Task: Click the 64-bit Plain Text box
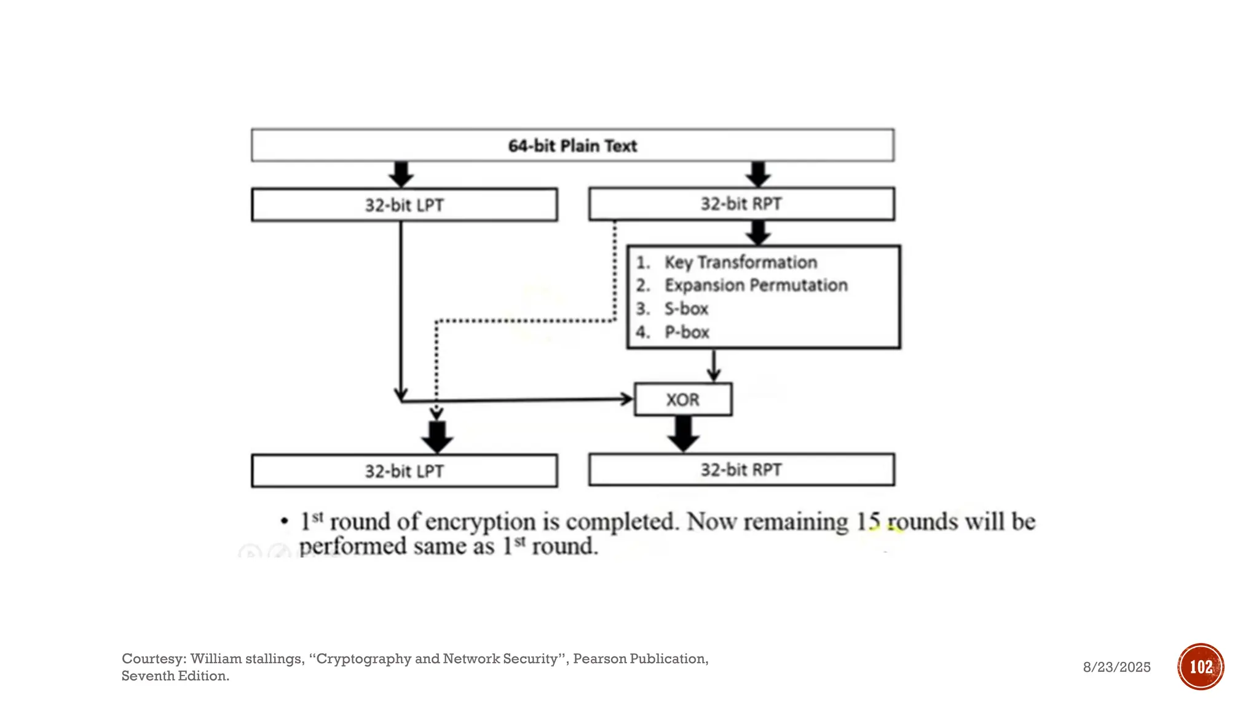pyautogui.click(x=572, y=146)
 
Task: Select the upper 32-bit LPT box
pyautogui.click(x=404, y=205)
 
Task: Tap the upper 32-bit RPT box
pyautogui.click(x=741, y=203)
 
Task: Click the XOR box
pyautogui.click(x=683, y=399)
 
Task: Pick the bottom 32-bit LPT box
pyautogui.click(x=404, y=471)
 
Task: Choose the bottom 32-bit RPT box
pyautogui.click(x=741, y=470)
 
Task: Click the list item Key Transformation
pyautogui.click(x=740, y=262)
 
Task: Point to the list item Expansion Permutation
pyautogui.click(x=756, y=285)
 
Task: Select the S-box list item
pyautogui.click(x=686, y=309)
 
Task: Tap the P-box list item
pyautogui.click(x=687, y=332)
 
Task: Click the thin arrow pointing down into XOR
pyautogui.click(x=713, y=366)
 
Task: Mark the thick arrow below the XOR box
pyautogui.click(x=683, y=434)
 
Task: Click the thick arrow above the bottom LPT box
pyautogui.click(x=437, y=437)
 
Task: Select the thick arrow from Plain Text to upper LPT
pyautogui.click(x=401, y=175)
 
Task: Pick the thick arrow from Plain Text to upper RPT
pyautogui.click(x=758, y=175)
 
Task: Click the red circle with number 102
pyautogui.click(x=1200, y=667)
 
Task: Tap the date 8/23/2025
pyautogui.click(x=1116, y=667)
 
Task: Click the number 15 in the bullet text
pyautogui.click(x=868, y=522)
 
